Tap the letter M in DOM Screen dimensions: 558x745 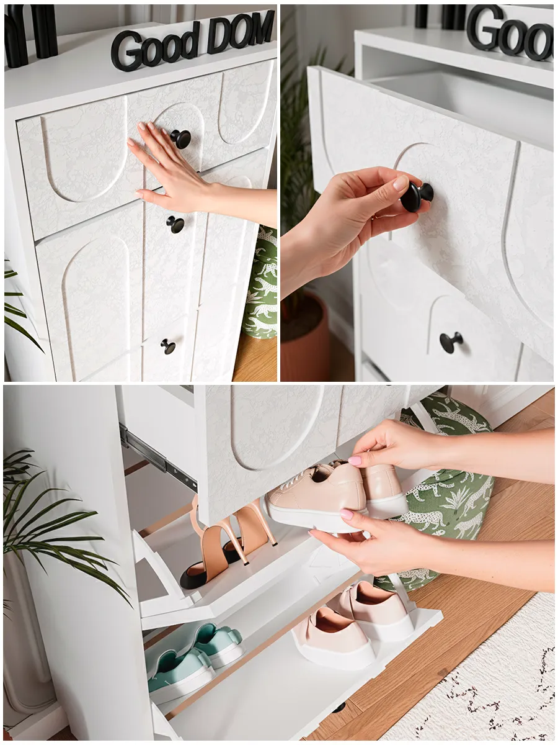[262, 28]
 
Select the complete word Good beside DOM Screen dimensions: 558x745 [156, 47]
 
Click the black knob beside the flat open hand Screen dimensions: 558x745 [181, 139]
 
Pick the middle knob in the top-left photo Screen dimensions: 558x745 [175, 225]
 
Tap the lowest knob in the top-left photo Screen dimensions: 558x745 [168, 346]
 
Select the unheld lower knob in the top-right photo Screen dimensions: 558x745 [451, 343]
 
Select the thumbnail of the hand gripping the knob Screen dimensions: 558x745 [401, 183]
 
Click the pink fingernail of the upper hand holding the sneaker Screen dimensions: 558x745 [355, 461]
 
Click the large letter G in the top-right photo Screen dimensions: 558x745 [485, 28]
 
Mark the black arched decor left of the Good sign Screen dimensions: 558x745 [31, 35]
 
